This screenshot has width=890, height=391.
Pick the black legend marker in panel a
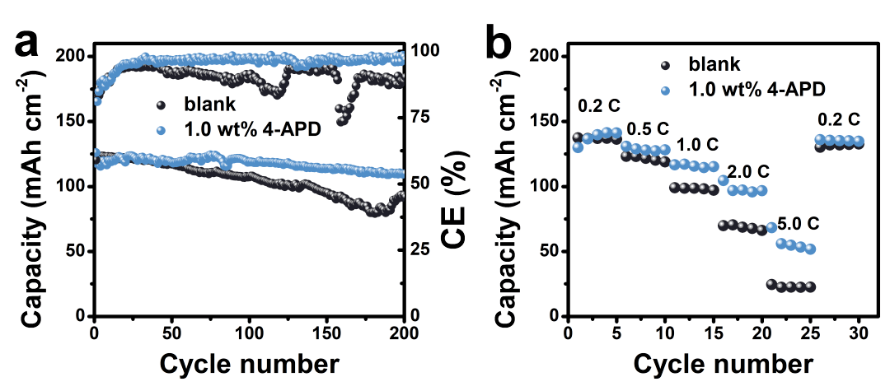(162, 105)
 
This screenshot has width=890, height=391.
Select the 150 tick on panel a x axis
(327, 332)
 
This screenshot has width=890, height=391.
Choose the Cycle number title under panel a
(248, 363)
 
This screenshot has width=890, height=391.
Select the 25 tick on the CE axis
(422, 249)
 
